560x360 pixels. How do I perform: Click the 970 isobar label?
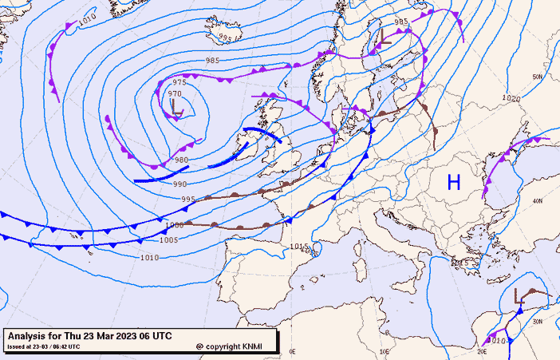click(x=175, y=94)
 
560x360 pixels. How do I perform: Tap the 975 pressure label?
click(x=179, y=83)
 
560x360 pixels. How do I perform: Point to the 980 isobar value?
click(x=182, y=160)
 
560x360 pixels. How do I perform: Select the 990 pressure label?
click(x=180, y=184)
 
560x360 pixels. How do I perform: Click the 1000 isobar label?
click(x=175, y=226)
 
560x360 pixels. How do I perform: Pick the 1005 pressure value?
click(x=169, y=240)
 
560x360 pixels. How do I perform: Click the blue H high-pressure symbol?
click(x=454, y=183)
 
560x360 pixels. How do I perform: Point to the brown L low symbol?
click(x=520, y=296)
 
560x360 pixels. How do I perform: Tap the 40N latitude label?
click(x=537, y=201)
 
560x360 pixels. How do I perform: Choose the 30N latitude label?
click(x=537, y=322)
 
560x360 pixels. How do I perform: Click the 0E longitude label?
click(x=292, y=351)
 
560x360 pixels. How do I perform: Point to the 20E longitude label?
click(x=482, y=351)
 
